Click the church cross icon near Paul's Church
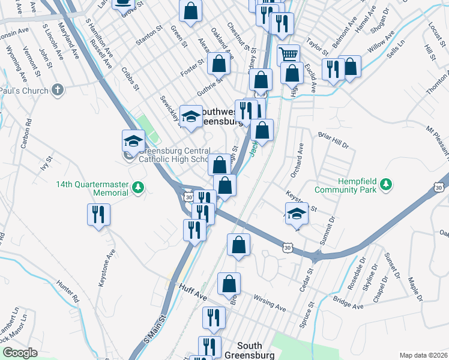57,91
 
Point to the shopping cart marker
289,55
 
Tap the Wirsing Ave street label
269,303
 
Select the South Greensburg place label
258,350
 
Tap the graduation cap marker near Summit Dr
296,214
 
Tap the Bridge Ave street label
349,301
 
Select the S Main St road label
153,332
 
